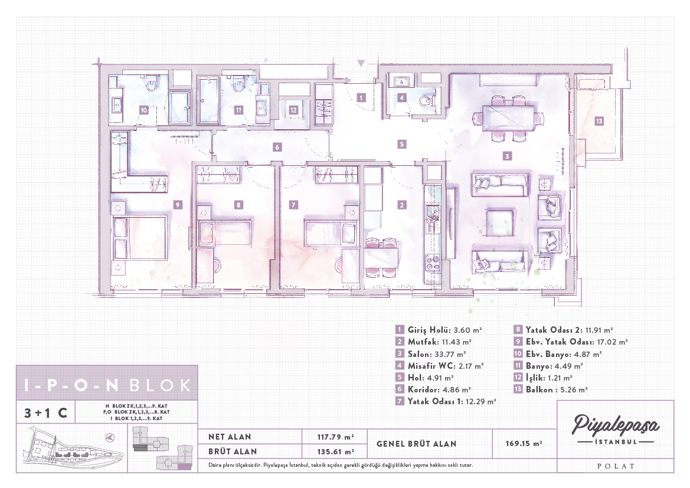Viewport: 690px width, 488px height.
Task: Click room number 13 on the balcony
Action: point(599,121)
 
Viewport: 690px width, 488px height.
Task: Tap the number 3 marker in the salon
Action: point(507,156)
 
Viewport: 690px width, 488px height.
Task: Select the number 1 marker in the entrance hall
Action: point(361,97)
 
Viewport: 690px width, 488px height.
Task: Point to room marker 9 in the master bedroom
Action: point(177,205)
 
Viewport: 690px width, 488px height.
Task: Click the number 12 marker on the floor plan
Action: point(293,110)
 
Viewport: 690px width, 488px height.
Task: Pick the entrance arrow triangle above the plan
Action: point(361,63)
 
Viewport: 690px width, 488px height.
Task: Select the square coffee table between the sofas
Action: point(499,223)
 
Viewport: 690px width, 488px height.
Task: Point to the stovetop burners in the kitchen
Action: point(432,263)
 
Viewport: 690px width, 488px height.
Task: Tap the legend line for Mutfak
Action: point(434,342)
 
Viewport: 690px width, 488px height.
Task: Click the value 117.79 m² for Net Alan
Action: point(335,437)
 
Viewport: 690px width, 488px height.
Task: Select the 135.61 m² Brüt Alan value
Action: point(335,451)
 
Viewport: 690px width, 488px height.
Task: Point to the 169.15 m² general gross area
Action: point(524,444)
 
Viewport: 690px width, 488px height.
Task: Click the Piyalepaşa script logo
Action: point(615,425)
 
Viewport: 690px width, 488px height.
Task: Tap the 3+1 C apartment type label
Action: point(46,412)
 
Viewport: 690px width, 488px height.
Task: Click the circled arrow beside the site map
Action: point(110,437)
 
